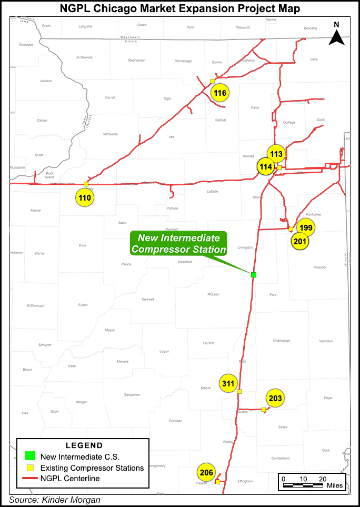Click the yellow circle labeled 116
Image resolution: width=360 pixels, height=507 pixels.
(x=220, y=93)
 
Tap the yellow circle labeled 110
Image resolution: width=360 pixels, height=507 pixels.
(x=85, y=198)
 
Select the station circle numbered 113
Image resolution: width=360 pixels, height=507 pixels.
(x=276, y=154)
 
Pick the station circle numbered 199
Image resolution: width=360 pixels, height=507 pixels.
(x=306, y=227)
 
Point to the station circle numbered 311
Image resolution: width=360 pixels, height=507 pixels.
(x=228, y=384)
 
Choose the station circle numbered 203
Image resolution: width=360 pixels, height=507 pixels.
(x=275, y=398)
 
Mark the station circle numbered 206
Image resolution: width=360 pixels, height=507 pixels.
(x=207, y=473)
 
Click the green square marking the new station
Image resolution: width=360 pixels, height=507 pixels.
(x=253, y=275)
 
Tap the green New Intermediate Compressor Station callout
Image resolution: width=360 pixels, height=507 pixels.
(x=178, y=244)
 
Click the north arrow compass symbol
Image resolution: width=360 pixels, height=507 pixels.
(x=337, y=35)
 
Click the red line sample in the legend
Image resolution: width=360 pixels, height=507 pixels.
(x=30, y=479)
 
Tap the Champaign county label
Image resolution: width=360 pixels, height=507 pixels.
(x=282, y=341)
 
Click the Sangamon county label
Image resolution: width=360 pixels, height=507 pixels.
(x=132, y=394)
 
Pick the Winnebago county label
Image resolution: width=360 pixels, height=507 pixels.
(x=184, y=60)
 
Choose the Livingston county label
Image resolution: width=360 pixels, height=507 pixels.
(x=245, y=247)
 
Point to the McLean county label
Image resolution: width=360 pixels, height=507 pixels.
(x=213, y=294)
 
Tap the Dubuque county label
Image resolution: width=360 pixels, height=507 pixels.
(x=26, y=44)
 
